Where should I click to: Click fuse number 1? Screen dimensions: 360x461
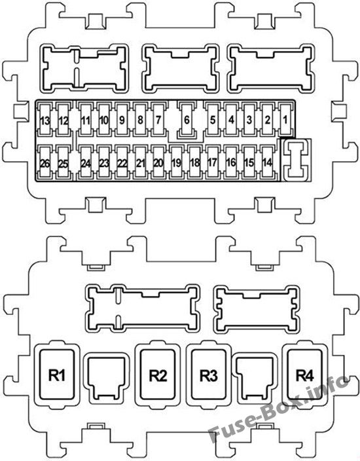point(285,120)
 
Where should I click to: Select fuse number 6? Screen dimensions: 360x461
point(187,120)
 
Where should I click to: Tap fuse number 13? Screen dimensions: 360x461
point(45,120)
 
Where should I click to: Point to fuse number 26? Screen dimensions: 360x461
point(45,162)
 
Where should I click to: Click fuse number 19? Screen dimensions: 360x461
point(176,162)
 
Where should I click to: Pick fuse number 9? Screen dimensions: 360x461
point(122,120)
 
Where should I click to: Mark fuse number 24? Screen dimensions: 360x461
point(86,162)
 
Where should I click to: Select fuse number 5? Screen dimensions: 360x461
point(213,120)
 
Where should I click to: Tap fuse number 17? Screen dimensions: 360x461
point(213,162)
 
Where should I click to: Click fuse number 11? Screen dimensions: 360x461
point(86,120)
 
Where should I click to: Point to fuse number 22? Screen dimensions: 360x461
point(122,162)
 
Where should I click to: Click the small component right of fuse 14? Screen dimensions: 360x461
point(297,160)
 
